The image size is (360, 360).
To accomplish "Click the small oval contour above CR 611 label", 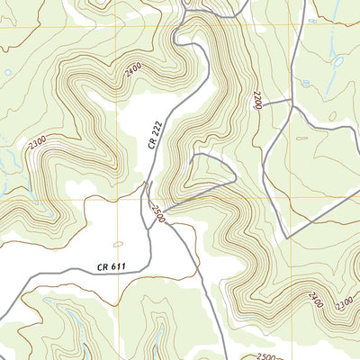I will tap(118, 244).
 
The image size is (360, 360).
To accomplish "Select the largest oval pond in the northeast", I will tap(337, 61).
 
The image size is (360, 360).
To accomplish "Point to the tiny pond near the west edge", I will tap(7, 72).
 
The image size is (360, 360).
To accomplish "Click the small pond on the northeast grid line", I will tap(310, 83).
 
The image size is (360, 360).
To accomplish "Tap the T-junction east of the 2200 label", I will tap(293, 106).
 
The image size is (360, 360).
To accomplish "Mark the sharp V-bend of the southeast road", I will tap(287, 237).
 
